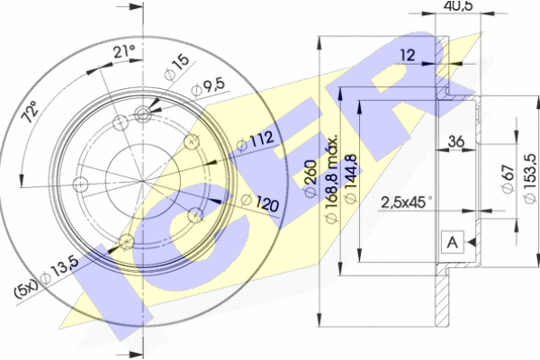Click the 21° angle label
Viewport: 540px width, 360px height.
tap(123, 52)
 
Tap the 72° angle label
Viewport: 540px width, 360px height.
tap(31, 112)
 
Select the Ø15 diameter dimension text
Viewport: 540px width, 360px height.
tap(176, 67)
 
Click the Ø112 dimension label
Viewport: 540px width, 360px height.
tap(256, 141)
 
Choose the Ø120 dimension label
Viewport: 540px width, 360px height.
tap(260, 202)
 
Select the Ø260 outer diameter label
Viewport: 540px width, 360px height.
tap(310, 178)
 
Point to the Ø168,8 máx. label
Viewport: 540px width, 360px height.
tap(331, 179)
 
